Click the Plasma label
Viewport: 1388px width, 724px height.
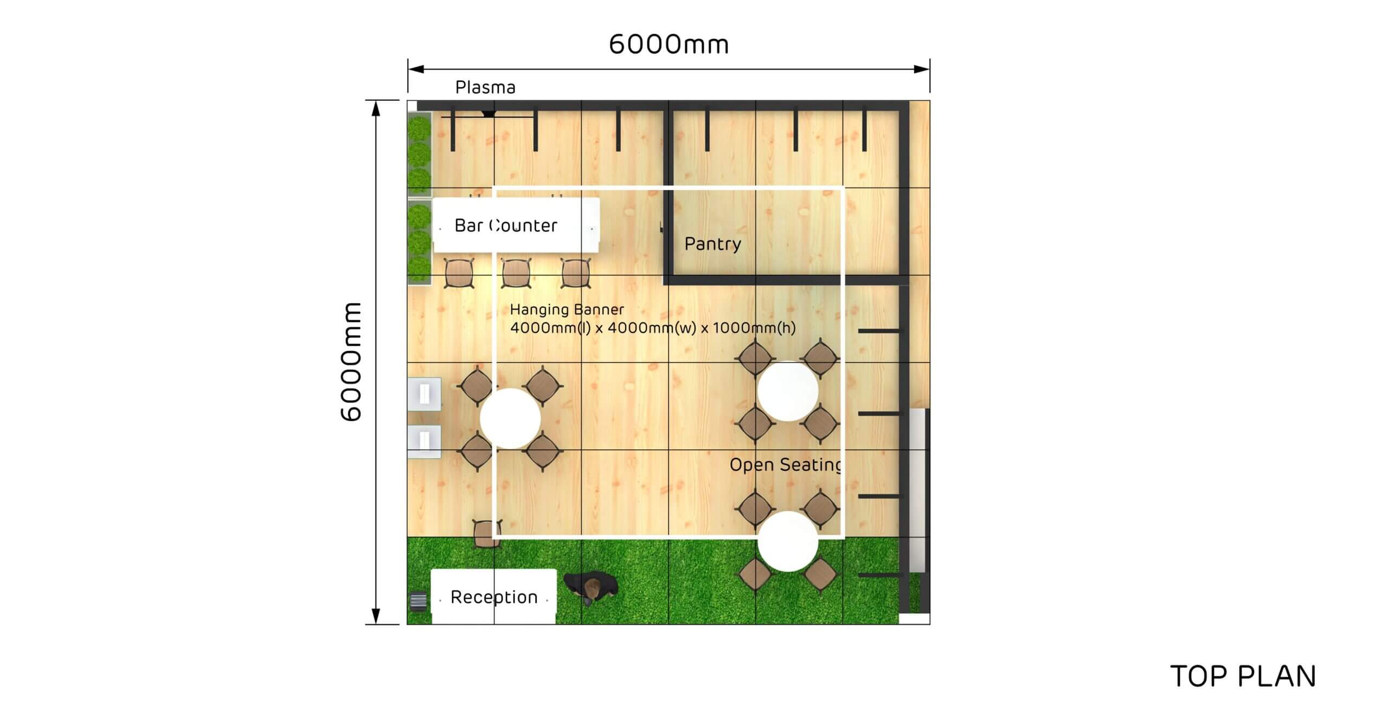click(485, 87)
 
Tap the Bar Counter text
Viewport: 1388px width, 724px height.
click(506, 225)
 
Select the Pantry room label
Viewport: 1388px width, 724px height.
click(712, 244)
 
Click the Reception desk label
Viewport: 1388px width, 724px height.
click(494, 597)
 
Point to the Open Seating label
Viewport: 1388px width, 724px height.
click(786, 465)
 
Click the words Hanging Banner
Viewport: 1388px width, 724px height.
click(567, 309)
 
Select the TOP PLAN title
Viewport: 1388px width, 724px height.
click(1243, 676)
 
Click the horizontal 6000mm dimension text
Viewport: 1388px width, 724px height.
click(669, 44)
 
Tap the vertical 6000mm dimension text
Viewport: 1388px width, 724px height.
click(351, 362)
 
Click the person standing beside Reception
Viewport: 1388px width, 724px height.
click(591, 587)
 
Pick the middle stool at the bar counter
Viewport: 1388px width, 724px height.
click(516, 273)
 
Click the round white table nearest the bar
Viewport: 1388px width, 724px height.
click(510, 418)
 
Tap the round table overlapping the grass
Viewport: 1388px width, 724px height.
click(788, 541)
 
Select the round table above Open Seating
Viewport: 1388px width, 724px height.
click(788, 391)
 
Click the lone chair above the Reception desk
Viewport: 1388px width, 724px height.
click(486, 534)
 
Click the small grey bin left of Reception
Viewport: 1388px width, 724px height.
click(419, 601)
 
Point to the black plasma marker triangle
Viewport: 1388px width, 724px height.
click(489, 114)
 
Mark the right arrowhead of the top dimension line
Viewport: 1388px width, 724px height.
click(922, 69)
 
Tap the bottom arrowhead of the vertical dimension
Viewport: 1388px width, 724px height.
click(376, 617)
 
